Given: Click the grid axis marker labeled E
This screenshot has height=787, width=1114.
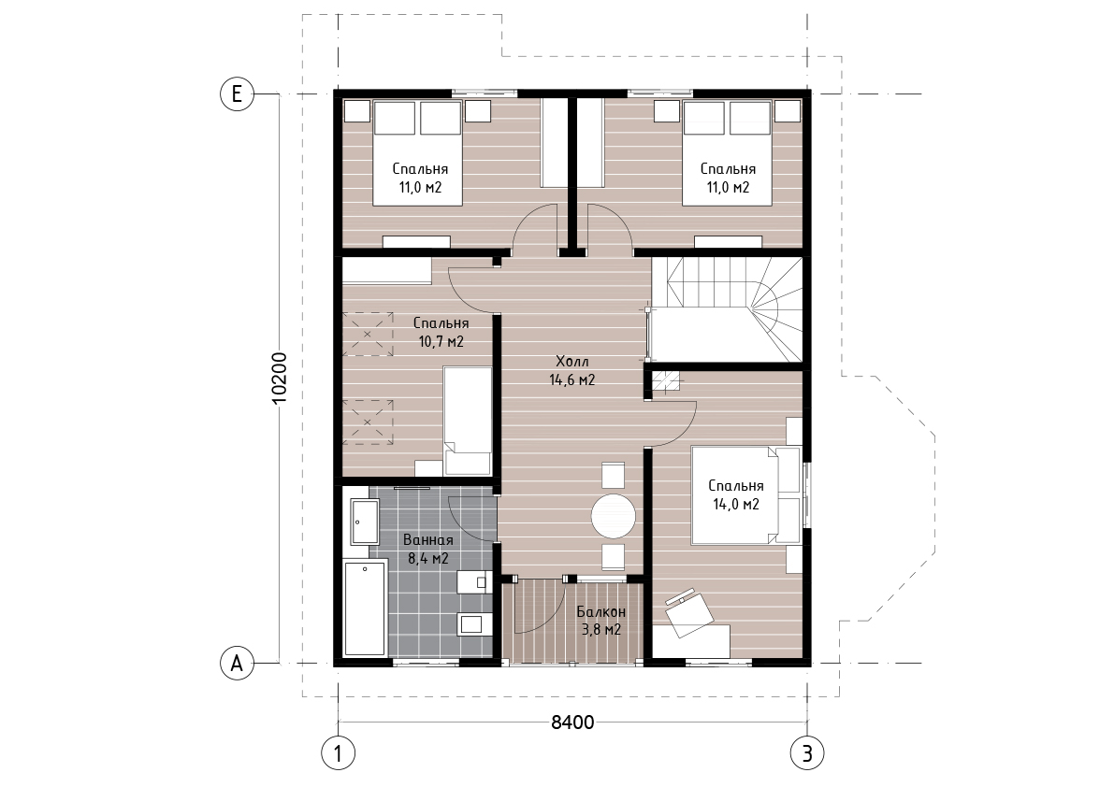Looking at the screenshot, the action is (238, 93).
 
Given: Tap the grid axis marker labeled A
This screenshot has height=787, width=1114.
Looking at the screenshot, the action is (238, 663).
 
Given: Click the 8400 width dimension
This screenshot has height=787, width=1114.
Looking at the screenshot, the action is (572, 723).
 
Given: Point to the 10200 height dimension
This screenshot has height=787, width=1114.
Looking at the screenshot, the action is (280, 379).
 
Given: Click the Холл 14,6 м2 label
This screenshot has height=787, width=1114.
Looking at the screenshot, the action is (571, 370).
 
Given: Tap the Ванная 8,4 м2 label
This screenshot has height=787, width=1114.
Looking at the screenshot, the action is (427, 550).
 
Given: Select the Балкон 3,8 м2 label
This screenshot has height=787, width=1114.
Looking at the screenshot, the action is (601, 621).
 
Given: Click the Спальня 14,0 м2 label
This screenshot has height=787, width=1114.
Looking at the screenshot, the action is (736, 494).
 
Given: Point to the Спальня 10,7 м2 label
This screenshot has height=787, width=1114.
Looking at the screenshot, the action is (441, 332).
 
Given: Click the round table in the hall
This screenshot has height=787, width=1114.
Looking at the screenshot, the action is (614, 516).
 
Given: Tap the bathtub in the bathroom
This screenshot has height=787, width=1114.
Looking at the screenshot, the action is (365, 608).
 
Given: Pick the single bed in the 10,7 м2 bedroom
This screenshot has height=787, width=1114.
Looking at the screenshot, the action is (468, 421).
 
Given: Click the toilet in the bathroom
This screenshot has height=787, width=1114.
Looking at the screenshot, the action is (472, 624).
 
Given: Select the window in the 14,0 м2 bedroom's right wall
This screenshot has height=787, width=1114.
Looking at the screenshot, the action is (806, 494).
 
